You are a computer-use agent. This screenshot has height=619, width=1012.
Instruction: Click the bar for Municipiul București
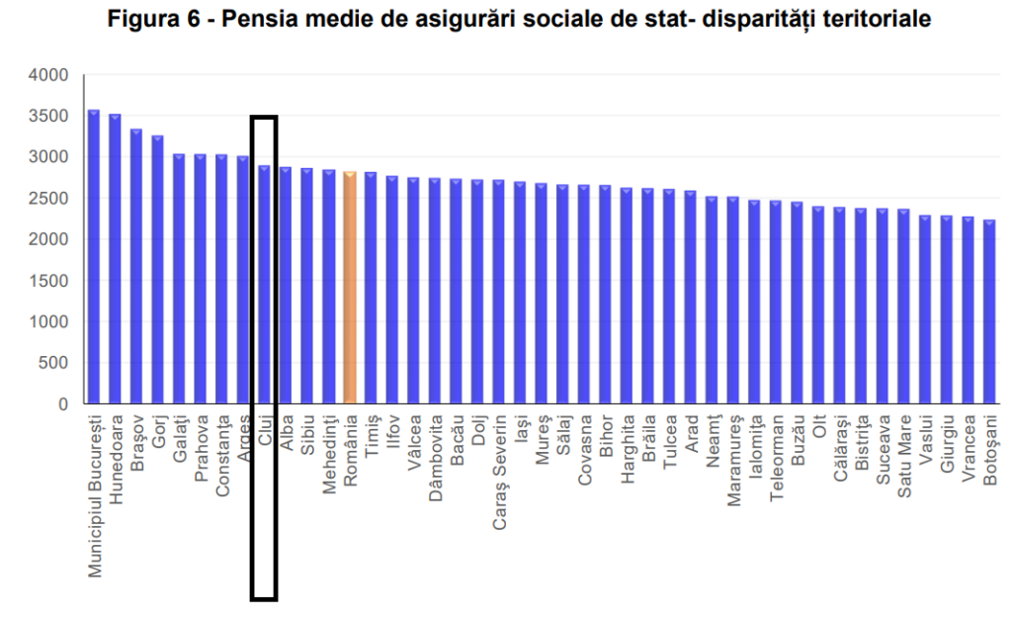click(x=94, y=257)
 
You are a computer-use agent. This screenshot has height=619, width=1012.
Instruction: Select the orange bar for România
click(x=349, y=288)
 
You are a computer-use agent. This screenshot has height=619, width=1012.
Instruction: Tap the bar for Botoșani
click(x=989, y=311)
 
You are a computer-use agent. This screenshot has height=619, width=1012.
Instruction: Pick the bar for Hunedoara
click(x=115, y=259)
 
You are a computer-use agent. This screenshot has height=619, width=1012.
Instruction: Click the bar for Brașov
click(x=136, y=267)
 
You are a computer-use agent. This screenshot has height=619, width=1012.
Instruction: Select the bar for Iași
click(x=520, y=293)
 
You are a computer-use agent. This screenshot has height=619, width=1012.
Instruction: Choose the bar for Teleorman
click(x=776, y=303)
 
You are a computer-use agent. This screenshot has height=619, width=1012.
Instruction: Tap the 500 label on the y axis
click(x=53, y=363)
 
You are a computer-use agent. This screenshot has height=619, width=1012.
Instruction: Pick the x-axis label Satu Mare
click(x=903, y=450)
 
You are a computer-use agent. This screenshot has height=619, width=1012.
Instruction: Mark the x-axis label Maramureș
click(x=733, y=450)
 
